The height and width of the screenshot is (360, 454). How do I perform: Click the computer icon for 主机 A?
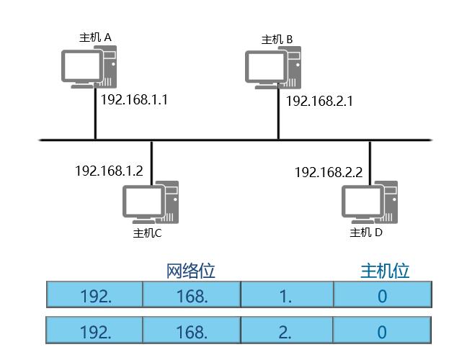click(x=88, y=67)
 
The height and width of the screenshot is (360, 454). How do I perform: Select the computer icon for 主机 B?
click(x=272, y=70)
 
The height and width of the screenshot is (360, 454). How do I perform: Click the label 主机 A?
click(x=95, y=37)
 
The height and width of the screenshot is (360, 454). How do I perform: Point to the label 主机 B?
click(x=277, y=39)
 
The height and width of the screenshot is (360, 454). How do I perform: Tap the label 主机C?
click(x=147, y=233)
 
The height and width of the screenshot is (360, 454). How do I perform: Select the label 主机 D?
click(x=366, y=233)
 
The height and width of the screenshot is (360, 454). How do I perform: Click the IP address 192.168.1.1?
click(x=134, y=99)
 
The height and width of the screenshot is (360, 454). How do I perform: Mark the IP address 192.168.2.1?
click(x=319, y=101)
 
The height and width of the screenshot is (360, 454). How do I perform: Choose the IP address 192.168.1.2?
click(x=109, y=171)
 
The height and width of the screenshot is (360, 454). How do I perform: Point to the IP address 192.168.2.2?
click(x=329, y=172)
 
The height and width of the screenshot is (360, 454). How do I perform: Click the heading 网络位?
click(x=191, y=271)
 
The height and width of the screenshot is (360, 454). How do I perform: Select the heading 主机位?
click(x=385, y=271)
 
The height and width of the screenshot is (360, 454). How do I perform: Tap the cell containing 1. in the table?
click(x=286, y=295)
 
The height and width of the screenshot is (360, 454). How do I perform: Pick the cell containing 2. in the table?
click(x=286, y=331)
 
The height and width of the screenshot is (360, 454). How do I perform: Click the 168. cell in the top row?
click(x=191, y=295)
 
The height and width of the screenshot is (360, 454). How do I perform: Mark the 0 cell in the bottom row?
click(x=382, y=331)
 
